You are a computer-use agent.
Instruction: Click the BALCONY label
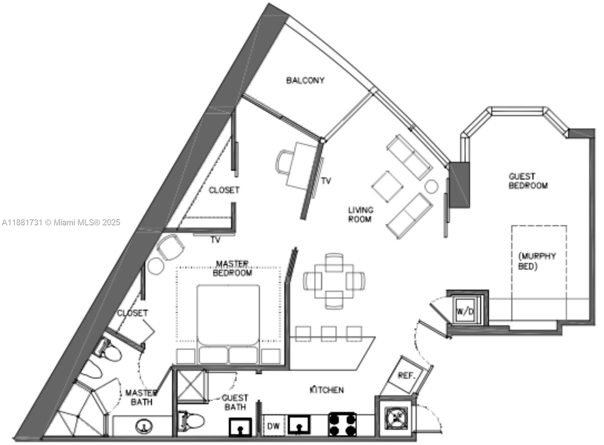305,80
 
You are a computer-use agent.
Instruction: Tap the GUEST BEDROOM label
528,181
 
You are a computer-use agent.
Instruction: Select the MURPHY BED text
537,261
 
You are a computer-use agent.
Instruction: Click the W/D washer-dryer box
465,311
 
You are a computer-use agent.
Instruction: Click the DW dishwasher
273,426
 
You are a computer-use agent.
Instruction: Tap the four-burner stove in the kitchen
342,424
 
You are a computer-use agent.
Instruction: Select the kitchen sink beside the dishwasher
299,425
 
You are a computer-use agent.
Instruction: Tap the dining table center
334,281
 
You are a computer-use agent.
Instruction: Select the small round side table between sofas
431,187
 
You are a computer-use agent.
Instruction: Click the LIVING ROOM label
360,214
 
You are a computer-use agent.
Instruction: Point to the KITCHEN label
327,390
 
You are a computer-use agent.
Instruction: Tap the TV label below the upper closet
215,240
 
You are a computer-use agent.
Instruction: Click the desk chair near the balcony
284,162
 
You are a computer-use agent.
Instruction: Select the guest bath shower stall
191,385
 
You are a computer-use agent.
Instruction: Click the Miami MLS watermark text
61,222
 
